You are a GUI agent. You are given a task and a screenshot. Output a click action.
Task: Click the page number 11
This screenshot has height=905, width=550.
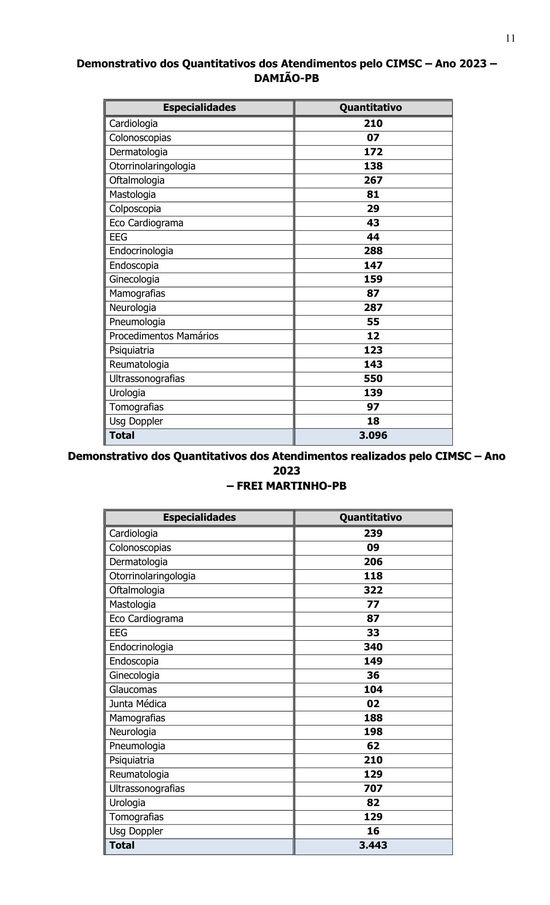coord(511,38)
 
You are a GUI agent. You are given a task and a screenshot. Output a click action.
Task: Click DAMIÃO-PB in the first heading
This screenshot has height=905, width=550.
coord(286,78)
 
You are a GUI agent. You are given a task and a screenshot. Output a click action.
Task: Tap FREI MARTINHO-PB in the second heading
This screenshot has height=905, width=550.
coord(286,486)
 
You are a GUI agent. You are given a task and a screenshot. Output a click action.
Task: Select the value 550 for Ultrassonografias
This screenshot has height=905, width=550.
coord(373,378)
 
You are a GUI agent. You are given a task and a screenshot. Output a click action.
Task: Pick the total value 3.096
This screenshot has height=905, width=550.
coord(373,435)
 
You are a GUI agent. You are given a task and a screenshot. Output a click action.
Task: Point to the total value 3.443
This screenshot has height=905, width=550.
coord(373,845)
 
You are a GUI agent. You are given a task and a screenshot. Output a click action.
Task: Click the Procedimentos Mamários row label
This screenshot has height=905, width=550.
coord(164,336)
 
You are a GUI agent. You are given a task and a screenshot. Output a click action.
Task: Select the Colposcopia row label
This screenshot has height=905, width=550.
coord(135,208)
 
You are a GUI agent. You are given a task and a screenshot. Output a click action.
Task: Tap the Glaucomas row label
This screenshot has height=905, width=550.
coord(133,689)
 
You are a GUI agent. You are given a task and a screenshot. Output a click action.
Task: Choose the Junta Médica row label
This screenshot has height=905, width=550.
coord(137,703)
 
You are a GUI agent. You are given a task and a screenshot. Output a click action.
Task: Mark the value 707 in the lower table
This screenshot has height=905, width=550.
coord(373,788)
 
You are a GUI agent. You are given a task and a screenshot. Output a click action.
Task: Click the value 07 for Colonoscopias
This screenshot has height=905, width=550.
coord(373,137)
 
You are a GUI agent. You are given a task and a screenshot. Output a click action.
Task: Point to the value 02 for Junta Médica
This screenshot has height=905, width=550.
coord(373,703)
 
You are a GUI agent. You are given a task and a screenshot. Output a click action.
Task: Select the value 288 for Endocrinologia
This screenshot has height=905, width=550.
coord(373,251)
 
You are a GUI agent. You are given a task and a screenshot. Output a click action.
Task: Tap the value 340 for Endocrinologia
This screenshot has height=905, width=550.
coord(373,647)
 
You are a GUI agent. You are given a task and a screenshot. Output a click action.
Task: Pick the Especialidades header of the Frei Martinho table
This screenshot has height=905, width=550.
coord(199,517)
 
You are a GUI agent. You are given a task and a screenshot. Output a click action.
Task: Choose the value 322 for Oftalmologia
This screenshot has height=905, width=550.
coord(373,590)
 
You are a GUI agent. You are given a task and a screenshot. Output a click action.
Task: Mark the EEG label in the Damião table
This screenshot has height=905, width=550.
coord(118,237)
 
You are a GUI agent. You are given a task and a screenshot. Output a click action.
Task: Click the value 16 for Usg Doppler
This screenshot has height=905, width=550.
coord(373,831)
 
